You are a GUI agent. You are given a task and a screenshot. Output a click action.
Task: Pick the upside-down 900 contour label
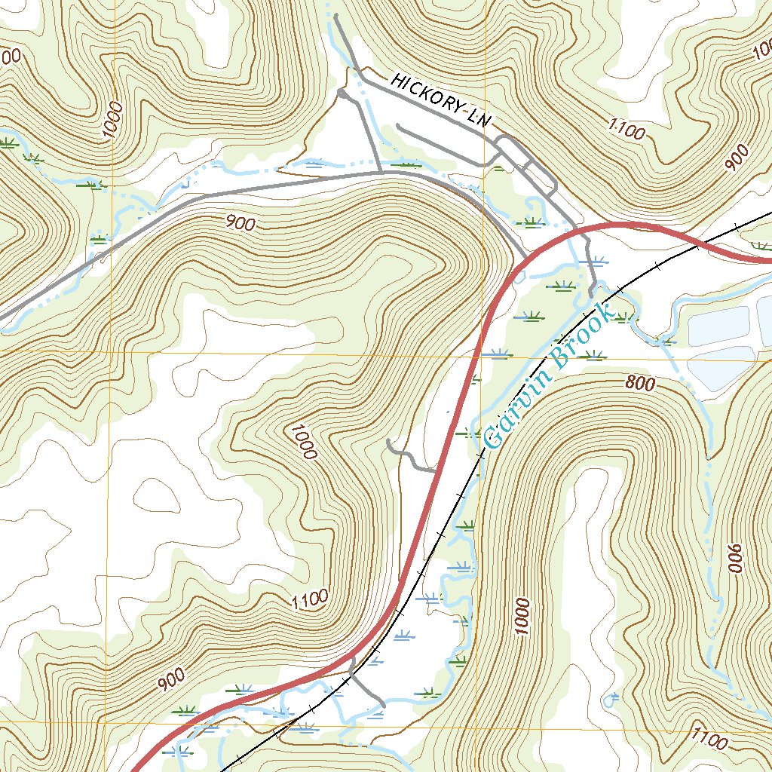point(735,559)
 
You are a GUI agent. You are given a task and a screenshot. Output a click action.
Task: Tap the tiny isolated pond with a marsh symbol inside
point(611,700)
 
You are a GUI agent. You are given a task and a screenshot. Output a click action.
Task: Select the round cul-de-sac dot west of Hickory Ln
point(342,94)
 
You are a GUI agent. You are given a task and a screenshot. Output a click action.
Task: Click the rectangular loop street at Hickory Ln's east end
point(526,161)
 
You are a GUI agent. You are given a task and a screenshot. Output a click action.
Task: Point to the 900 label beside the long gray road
point(240,223)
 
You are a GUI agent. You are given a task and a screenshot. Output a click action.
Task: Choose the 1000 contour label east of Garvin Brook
point(521,617)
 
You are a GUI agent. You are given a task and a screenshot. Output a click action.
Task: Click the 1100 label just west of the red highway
point(310,599)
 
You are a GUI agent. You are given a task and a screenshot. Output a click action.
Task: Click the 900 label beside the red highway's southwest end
point(172,682)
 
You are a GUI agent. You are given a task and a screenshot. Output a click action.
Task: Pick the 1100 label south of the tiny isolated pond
point(708,738)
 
